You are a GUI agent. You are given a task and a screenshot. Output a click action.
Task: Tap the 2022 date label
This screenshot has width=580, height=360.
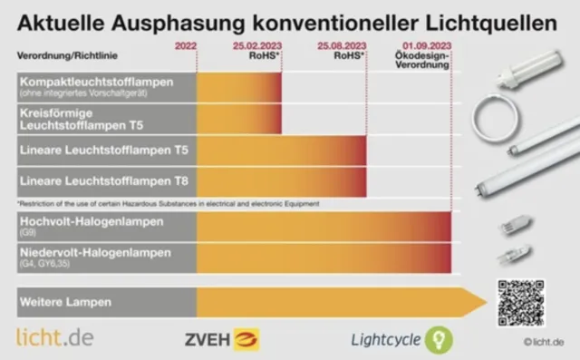[x=184, y=44]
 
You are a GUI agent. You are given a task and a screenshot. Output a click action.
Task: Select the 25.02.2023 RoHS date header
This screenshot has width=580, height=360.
[x=257, y=48]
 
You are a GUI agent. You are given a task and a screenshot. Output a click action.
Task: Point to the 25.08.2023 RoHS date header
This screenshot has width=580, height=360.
[x=342, y=48]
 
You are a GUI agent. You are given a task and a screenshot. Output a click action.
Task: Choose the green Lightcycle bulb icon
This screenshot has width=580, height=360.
[x=439, y=340]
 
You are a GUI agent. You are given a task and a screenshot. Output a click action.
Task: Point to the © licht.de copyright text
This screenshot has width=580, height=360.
[x=543, y=343]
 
